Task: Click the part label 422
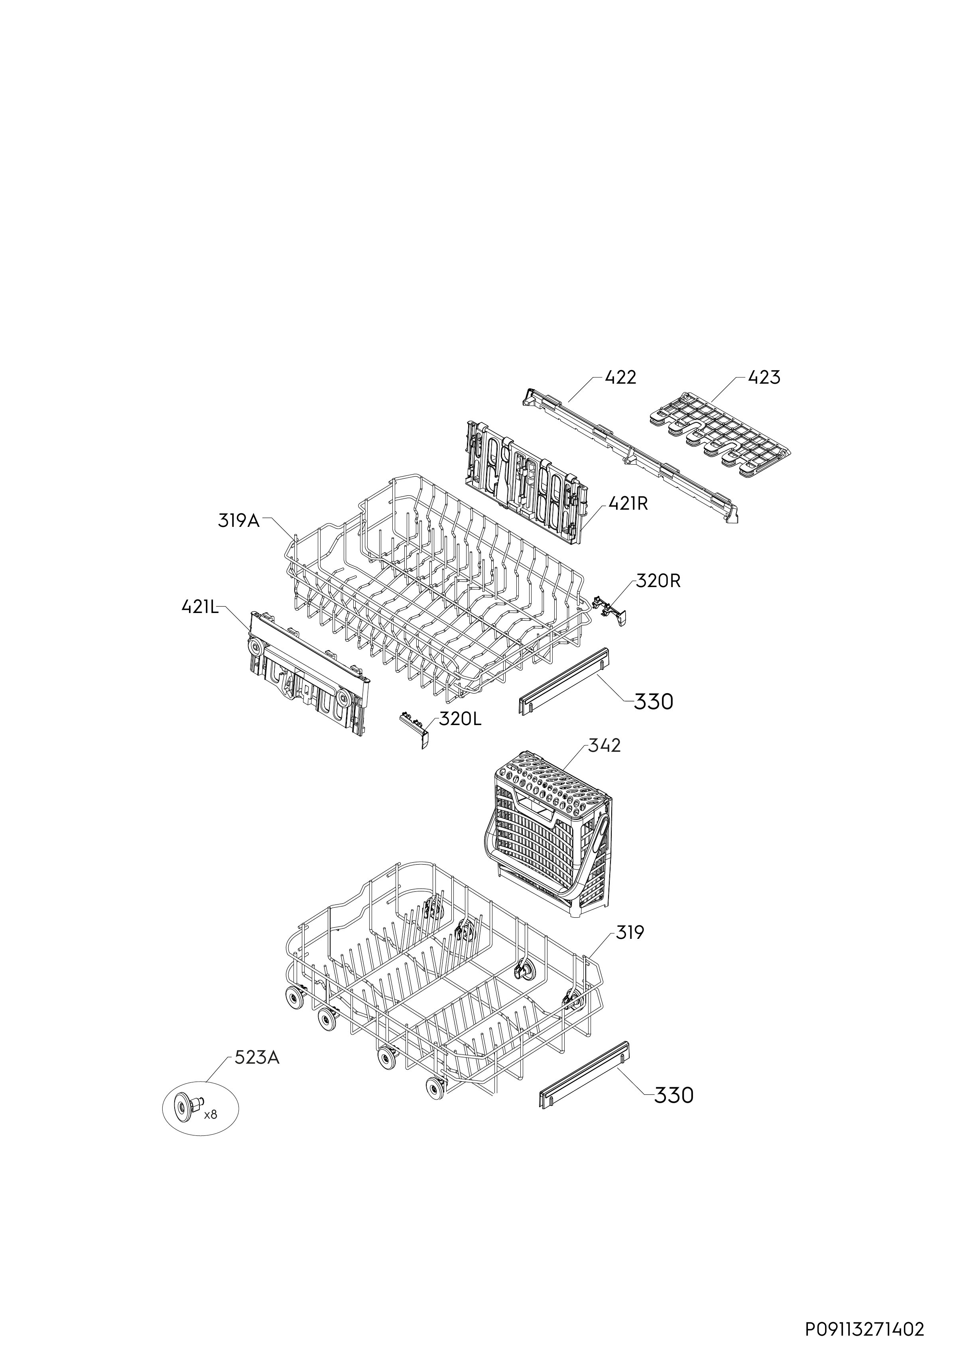(x=620, y=377)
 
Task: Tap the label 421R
(x=628, y=504)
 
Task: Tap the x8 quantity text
(x=211, y=1115)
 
